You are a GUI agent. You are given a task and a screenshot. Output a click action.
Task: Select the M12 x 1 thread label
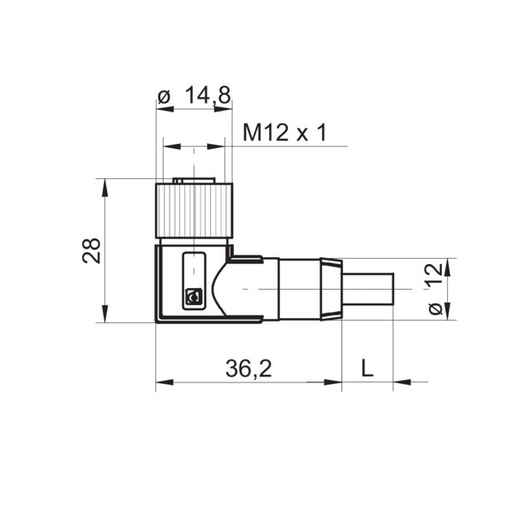[x=284, y=133]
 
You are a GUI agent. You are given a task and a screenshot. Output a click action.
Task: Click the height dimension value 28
[x=92, y=250]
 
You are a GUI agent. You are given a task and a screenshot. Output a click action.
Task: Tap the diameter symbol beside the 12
[x=435, y=307]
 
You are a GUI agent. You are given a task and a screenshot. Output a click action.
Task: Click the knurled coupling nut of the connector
[x=193, y=210]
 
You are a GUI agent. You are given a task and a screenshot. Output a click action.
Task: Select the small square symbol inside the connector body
[x=193, y=298]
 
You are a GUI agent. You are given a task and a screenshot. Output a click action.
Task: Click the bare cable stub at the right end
[x=368, y=290]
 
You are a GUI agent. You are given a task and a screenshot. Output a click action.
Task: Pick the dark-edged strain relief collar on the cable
[x=330, y=290]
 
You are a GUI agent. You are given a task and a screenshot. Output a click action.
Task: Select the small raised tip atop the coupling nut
[x=193, y=181]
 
